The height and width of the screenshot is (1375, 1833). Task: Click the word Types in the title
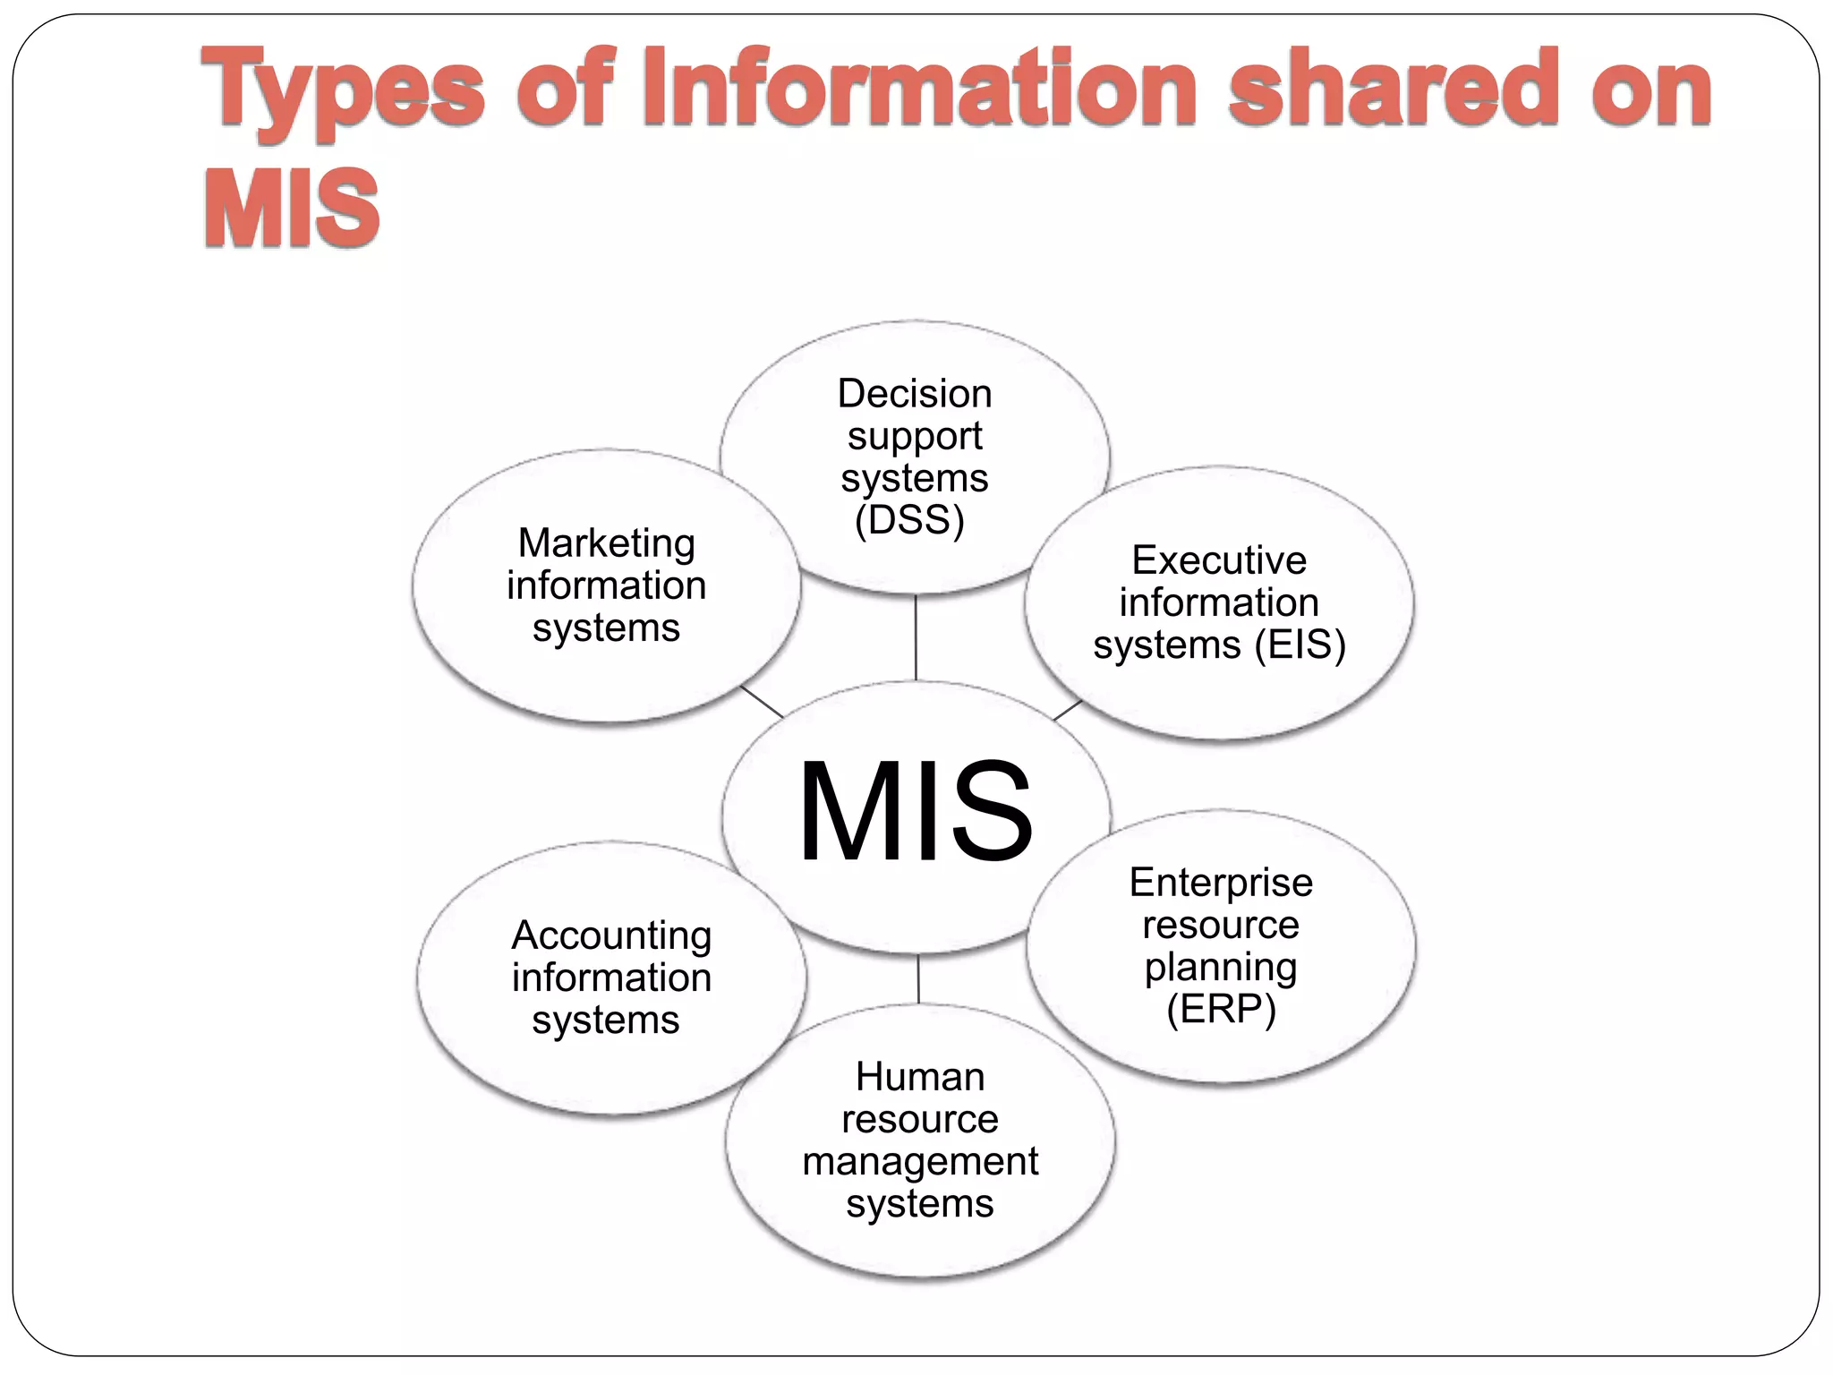coord(343,90)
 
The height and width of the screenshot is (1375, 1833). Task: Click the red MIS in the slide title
coord(292,208)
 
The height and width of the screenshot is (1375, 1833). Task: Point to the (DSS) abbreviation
coord(909,520)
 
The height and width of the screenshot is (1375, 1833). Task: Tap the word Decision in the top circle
coord(915,394)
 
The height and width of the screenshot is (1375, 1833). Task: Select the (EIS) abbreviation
coord(1300,645)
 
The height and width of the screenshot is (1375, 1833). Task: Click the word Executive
coord(1219,560)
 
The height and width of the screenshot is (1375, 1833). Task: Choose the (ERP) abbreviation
coord(1221,1009)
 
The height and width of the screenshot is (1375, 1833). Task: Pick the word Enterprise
coord(1221,883)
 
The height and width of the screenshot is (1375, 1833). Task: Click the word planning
coord(1221,967)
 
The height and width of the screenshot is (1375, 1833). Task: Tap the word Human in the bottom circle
coord(920,1077)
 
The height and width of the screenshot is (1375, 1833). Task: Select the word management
coord(920,1161)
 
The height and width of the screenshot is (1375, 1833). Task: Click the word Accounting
coord(611,935)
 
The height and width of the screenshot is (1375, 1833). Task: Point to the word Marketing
coord(607,543)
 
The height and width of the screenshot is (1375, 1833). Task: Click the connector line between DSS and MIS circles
coord(916,637)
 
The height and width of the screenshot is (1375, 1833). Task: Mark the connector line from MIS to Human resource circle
coord(918,978)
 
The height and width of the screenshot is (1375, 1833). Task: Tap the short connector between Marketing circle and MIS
coord(762,702)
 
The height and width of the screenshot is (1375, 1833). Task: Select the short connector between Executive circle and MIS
coord(1068,711)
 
